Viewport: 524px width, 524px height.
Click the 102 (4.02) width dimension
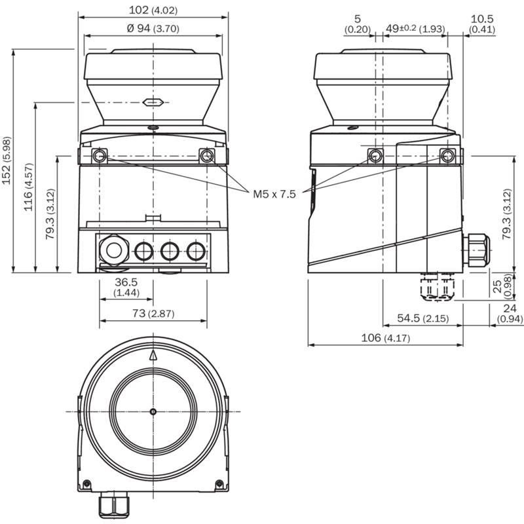[155, 10]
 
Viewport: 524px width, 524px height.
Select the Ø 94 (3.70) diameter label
[152, 28]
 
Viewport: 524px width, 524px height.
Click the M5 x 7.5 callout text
[274, 194]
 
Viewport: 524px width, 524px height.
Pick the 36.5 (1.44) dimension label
[126, 287]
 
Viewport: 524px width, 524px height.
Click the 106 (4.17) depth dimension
[386, 338]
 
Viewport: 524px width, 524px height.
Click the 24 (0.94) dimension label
[510, 314]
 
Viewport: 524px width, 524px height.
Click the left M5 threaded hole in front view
[99, 155]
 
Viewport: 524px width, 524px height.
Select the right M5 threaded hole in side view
[447, 155]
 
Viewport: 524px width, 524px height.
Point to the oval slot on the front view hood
[153, 102]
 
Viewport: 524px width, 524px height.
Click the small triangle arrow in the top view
[153, 355]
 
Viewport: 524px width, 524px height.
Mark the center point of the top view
[153, 411]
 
